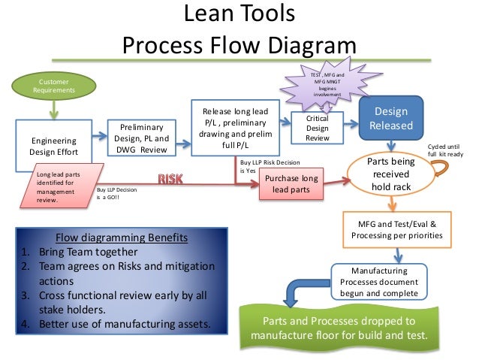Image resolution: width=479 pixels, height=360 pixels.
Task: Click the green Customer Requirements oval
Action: (x=52, y=85)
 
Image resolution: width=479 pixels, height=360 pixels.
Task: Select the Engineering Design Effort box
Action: (x=53, y=147)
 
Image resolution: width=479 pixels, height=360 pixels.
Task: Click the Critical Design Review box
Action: (x=318, y=128)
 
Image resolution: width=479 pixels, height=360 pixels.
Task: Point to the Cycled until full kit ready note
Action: (x=445, y=150)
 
